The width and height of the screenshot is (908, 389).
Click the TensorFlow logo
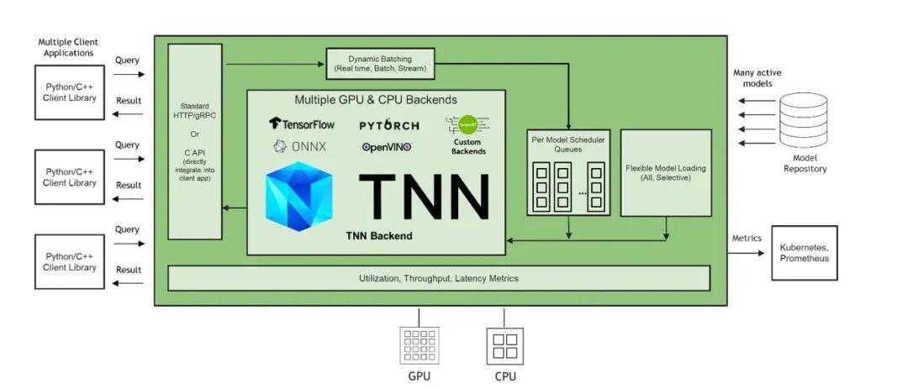[x=302, y=124]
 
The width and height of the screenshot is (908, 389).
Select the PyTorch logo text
[x=389, y=125]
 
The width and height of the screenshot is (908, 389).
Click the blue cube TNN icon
[x=299, y=196]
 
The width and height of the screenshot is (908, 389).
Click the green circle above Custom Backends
[x=467, y=124]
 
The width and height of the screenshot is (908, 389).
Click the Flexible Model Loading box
[x=666, y=172]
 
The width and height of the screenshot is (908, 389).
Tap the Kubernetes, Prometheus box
[x=804, y=253]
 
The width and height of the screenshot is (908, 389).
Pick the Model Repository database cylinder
[x=804, y=121]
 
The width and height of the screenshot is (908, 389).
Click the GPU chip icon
[x=419, y=345]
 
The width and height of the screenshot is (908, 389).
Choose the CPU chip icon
[x=504, y=345]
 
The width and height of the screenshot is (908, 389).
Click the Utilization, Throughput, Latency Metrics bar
[x=439, y=278]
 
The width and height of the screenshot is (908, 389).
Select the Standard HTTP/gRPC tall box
[x=195, y=141]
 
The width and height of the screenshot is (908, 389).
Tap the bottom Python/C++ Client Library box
[x=70, y=262]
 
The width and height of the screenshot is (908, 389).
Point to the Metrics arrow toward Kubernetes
[x=747, y=253]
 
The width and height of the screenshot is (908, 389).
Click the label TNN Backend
[x=379, y=236]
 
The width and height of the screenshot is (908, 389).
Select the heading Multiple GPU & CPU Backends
[x=376, y=100]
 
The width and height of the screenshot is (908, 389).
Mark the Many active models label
[x=757, y=78]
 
